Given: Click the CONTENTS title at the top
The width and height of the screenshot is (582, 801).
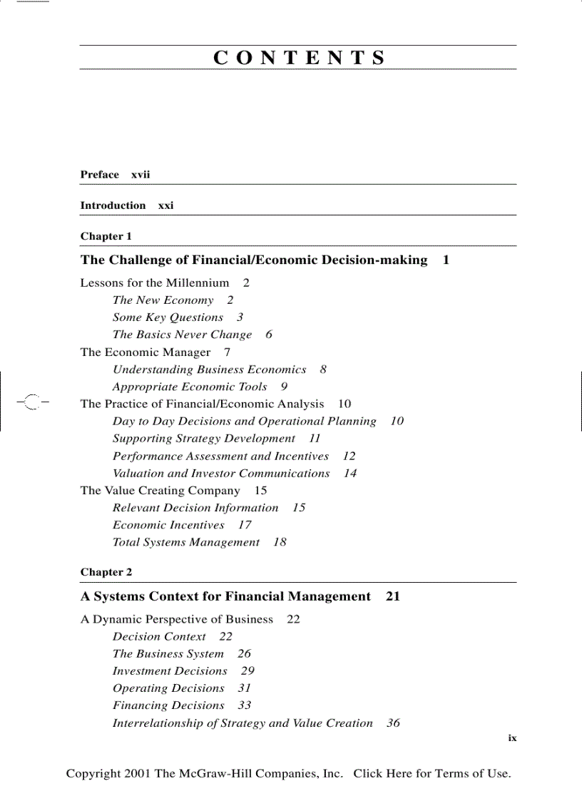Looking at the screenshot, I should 298,58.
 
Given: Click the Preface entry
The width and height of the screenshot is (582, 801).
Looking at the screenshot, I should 100,175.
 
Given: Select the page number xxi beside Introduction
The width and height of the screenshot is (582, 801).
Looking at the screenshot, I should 165,205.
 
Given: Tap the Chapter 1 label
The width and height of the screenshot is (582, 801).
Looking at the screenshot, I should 106,236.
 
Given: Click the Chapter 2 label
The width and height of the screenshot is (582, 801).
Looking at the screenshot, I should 106,572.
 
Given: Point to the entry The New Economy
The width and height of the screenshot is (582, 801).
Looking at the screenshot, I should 163,300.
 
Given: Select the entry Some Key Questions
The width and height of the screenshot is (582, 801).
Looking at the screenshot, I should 168,317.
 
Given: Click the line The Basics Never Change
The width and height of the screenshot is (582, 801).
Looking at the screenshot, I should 182,335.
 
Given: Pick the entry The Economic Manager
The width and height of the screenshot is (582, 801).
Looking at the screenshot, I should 145,352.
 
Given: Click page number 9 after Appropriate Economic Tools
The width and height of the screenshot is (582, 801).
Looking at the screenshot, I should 284,387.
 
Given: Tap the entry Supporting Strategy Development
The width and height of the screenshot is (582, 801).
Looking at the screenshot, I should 203,439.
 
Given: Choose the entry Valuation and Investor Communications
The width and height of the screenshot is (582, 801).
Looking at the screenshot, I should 221,474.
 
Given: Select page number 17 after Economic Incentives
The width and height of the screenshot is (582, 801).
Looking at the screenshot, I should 245,525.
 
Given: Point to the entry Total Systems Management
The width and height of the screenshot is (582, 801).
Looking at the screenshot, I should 185,543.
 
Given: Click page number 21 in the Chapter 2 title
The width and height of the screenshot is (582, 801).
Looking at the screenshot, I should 392,596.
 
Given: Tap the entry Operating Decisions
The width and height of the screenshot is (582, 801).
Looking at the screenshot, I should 168,688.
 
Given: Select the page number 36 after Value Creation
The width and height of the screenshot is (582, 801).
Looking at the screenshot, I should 393,723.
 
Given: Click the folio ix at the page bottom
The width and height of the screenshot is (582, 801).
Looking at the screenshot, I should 512,738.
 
